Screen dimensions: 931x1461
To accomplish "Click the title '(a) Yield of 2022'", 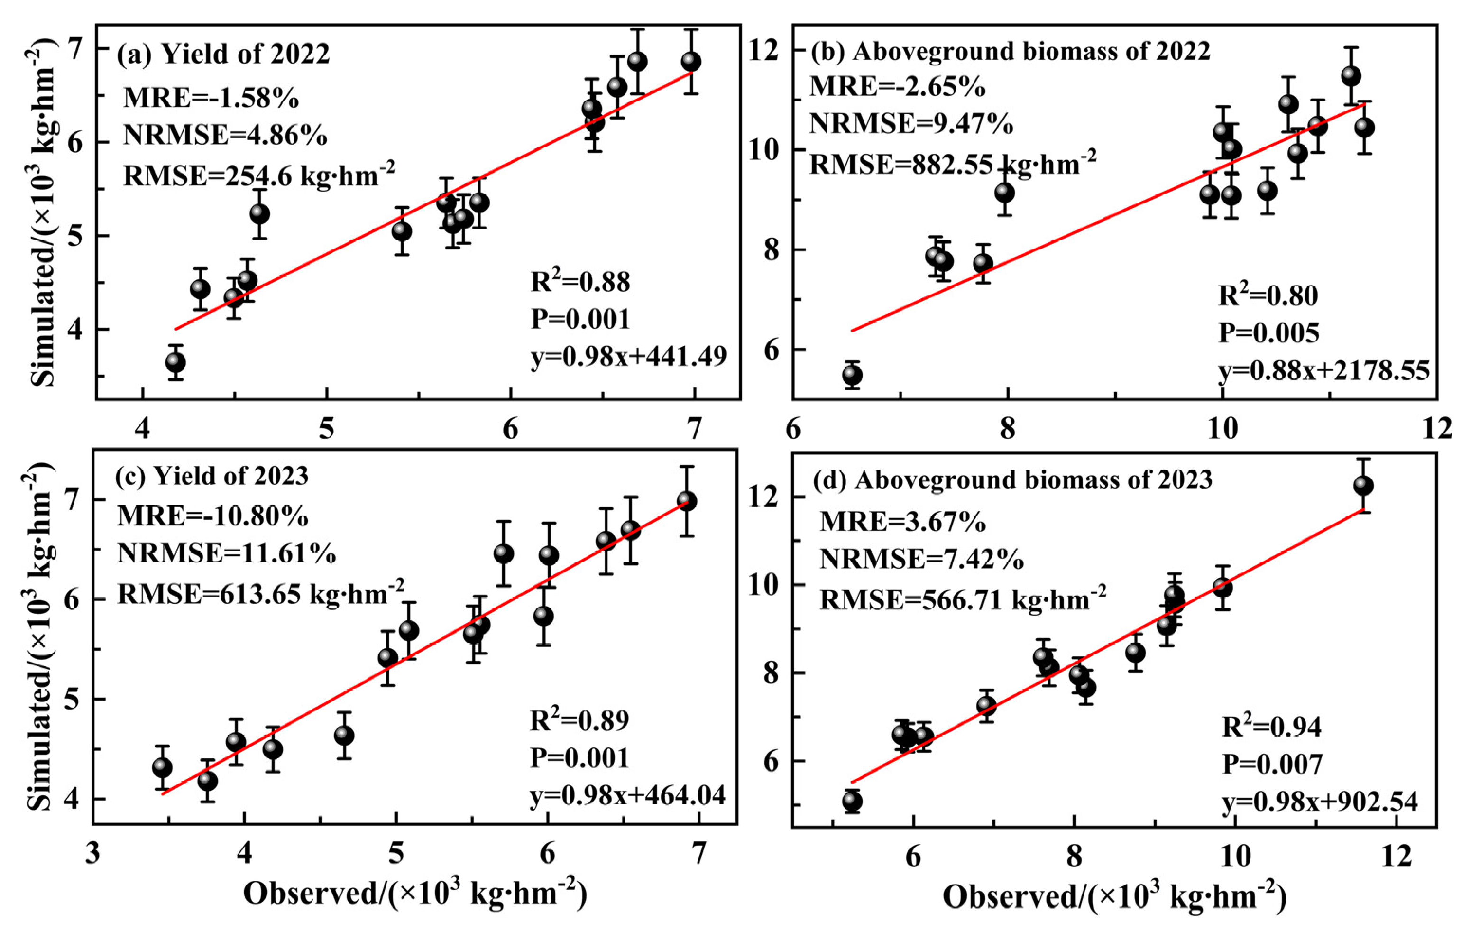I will coord(223,55).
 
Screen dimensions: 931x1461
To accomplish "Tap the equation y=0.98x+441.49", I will coord(629,357).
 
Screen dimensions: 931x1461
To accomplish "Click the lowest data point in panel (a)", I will coord(175,362).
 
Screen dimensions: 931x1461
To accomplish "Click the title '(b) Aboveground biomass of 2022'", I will coord(1010,52).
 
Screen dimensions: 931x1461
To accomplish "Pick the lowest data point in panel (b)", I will coord(852,375).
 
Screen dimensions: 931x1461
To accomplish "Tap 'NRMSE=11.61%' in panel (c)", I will coord(226,553).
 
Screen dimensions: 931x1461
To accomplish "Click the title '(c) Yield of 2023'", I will coord(212,477).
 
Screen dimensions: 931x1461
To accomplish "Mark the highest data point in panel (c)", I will coord(686,501).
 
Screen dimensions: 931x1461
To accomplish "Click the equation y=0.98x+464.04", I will coord(628,795).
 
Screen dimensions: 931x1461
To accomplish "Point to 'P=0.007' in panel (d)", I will coord(1271,765).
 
